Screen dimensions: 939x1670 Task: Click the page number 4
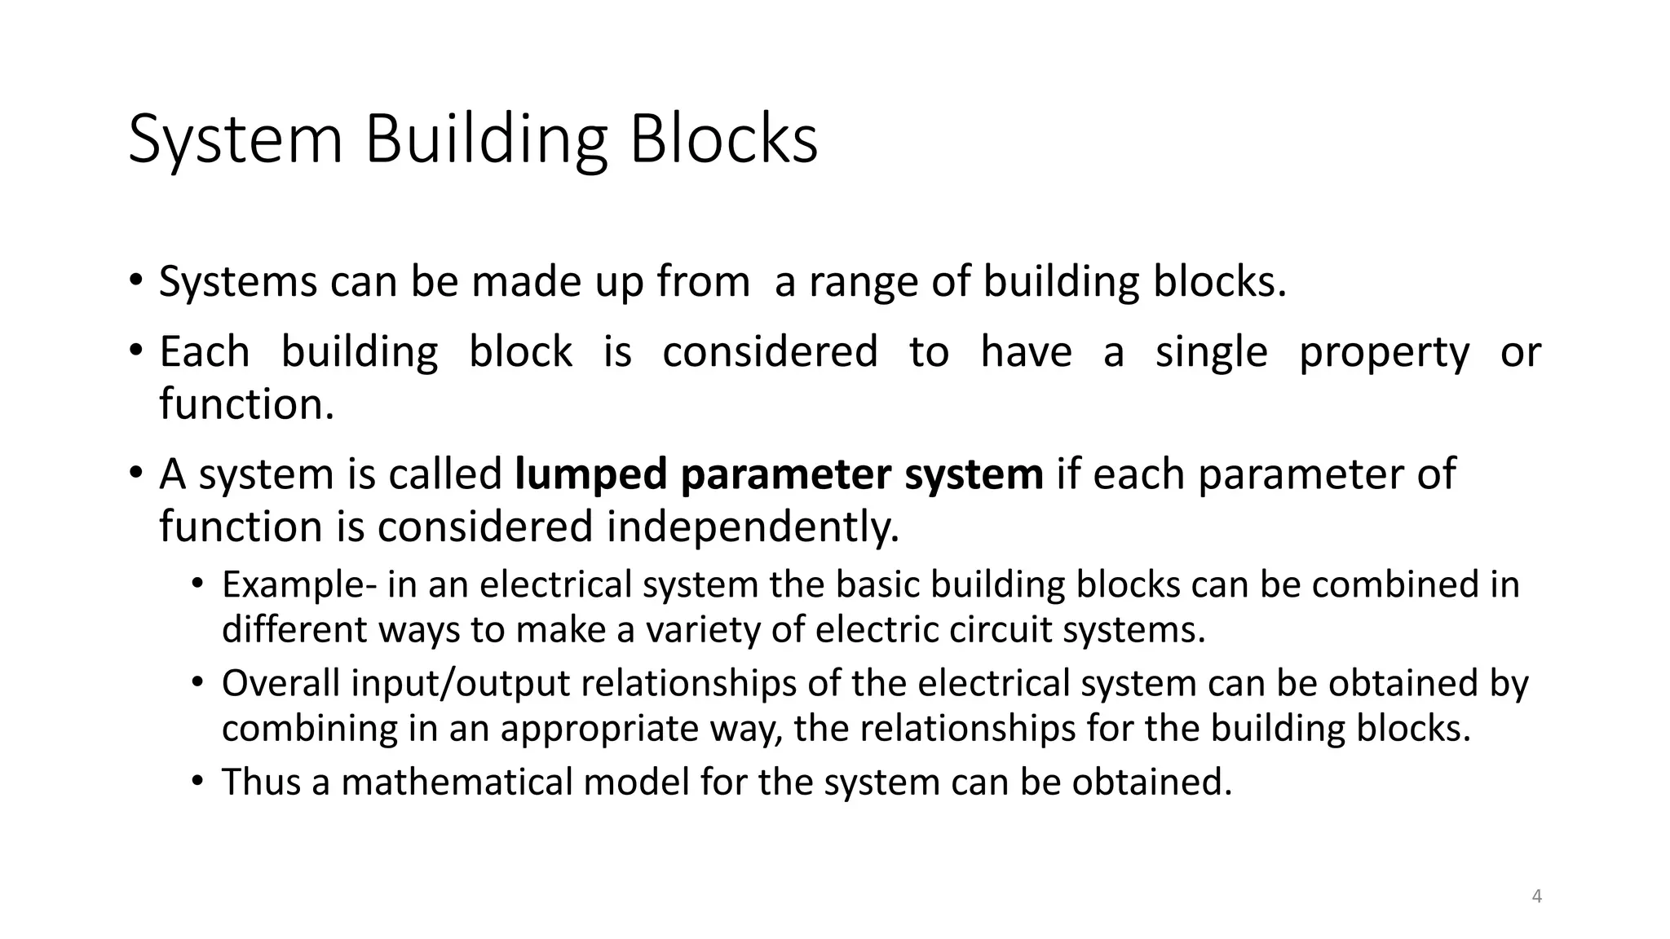(x=1536, y=897)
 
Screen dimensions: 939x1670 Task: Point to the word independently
(x=753, y=527)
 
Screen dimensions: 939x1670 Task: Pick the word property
(x=1384, y=353)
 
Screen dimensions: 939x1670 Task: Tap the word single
(x=1212, y=353)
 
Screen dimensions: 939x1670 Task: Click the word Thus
(x=262, y=782)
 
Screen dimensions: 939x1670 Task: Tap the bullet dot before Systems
(x=135, y=281)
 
